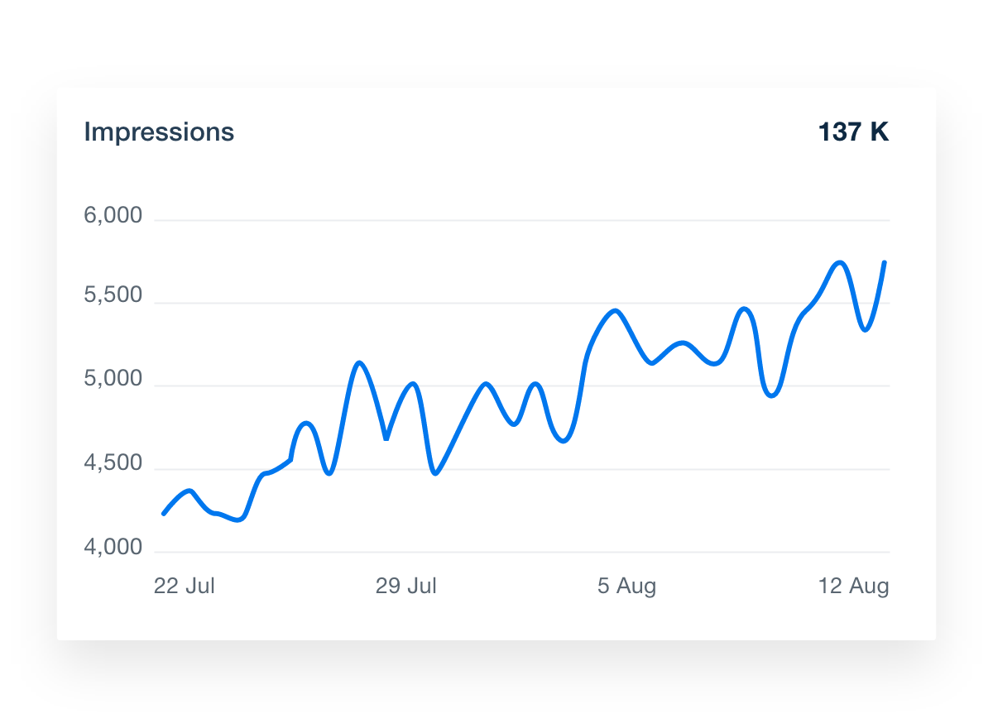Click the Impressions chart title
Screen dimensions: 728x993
point(159,132)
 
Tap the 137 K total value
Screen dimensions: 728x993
point(853,132)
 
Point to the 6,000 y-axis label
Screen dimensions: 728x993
point(113,217)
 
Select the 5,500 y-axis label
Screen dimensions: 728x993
point(113,296)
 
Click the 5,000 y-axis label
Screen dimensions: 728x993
point(113,381)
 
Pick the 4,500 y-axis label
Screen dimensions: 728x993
point(113,464)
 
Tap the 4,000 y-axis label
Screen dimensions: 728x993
point(113,548)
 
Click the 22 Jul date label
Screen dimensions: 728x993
point(184,587)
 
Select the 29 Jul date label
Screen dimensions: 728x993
point(405,587)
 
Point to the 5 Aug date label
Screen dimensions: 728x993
point(626,587)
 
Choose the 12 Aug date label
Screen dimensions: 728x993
point(853,587)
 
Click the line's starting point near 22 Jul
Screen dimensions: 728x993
point(163,514)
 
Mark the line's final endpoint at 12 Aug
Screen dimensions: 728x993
point(885,262)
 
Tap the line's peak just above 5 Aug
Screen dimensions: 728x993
point(616,311)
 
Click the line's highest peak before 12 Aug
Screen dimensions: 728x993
point(841,263)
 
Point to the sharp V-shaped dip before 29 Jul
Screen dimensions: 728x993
point(386,438)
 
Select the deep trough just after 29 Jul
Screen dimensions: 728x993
point(435,473)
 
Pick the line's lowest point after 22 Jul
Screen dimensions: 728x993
point(240,520)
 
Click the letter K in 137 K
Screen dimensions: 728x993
point(880,132)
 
